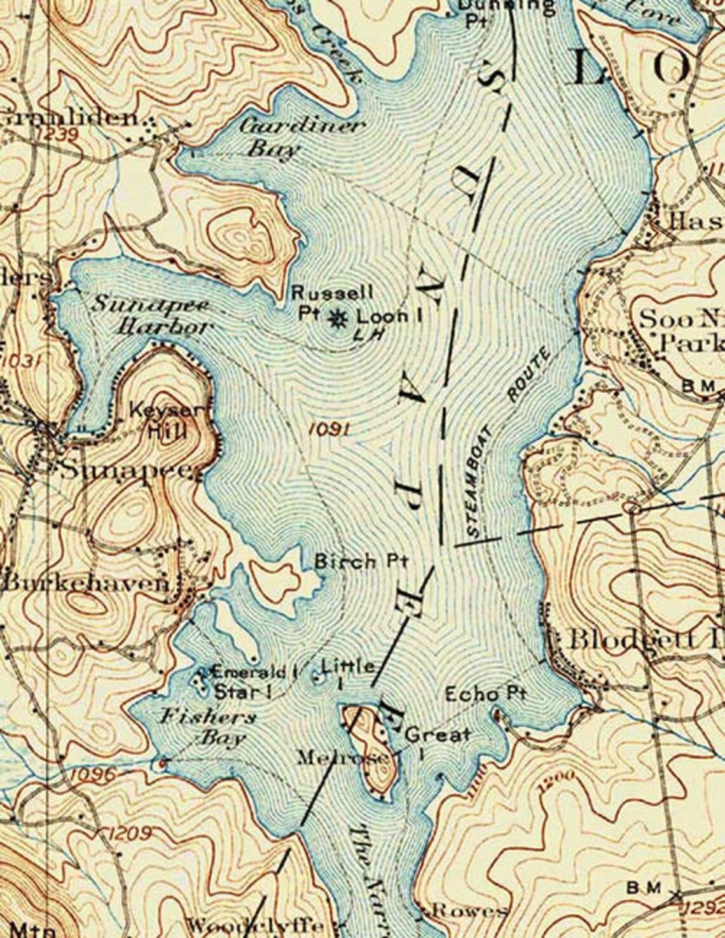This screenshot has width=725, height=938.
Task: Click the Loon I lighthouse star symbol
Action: [x=337, y=317]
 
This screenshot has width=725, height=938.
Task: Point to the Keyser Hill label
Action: [x=169, y=421]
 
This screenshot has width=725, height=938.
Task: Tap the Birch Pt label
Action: [x=361, y=562]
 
